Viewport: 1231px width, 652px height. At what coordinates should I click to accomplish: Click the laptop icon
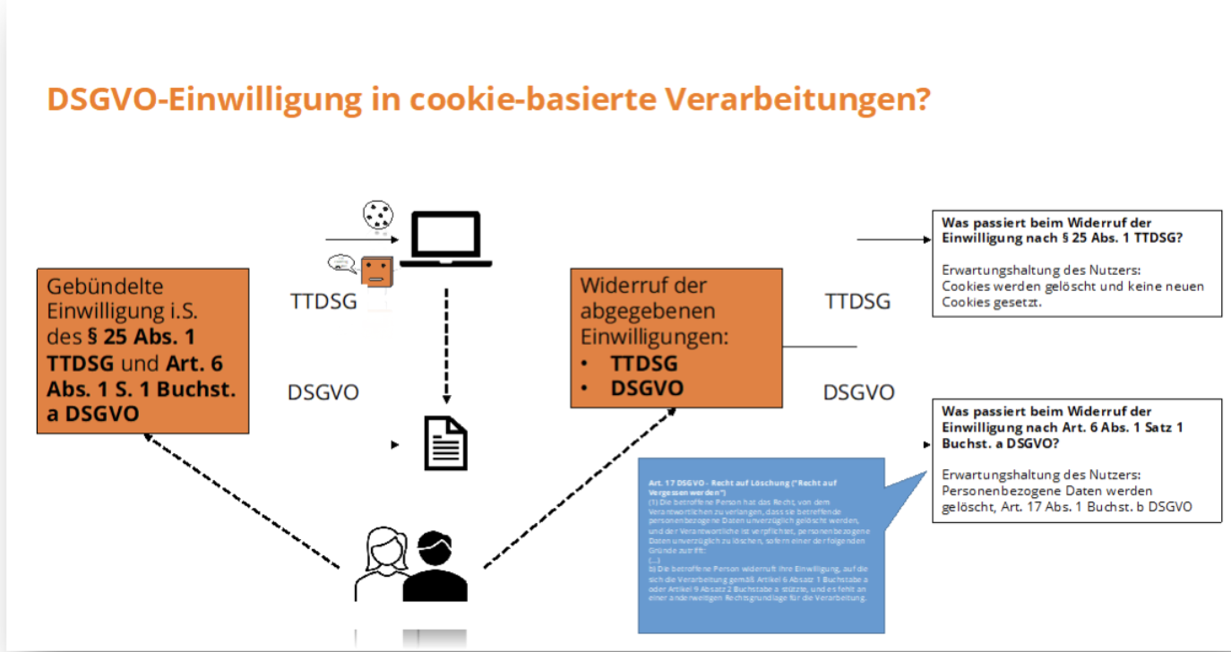click(x=445, y=239)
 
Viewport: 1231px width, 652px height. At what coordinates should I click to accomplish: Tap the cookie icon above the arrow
click(x=377, y=215)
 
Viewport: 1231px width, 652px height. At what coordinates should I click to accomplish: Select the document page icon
click(x=445, y=442)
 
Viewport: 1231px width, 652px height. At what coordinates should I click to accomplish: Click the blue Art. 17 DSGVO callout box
click(x=761, y=545)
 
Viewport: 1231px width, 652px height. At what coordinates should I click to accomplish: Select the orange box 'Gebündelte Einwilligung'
click(x=142, y=350)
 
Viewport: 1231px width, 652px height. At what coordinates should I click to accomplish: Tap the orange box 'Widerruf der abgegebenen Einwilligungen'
click(x=676, y=338)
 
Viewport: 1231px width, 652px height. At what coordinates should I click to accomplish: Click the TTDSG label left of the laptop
click(x=323, y=301)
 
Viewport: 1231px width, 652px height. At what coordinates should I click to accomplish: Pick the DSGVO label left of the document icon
click(x=323, y=392)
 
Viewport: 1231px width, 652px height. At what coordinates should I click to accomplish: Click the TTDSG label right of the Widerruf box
click(x=857, y=301)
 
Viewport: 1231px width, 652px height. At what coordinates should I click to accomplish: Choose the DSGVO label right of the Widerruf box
click(x=858, y=392)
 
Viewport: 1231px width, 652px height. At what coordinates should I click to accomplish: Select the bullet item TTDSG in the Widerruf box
click(x=643, y=364)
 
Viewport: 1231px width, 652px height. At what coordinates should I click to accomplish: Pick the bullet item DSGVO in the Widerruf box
click(x=646, y=388)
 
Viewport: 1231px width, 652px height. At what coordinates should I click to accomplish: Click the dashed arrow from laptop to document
click(x=446, y=345)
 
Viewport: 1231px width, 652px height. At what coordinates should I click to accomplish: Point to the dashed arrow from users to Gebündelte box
click(x=242, y=502)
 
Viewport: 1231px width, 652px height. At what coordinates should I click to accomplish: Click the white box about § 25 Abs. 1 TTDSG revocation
click(x=1077, y=263)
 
